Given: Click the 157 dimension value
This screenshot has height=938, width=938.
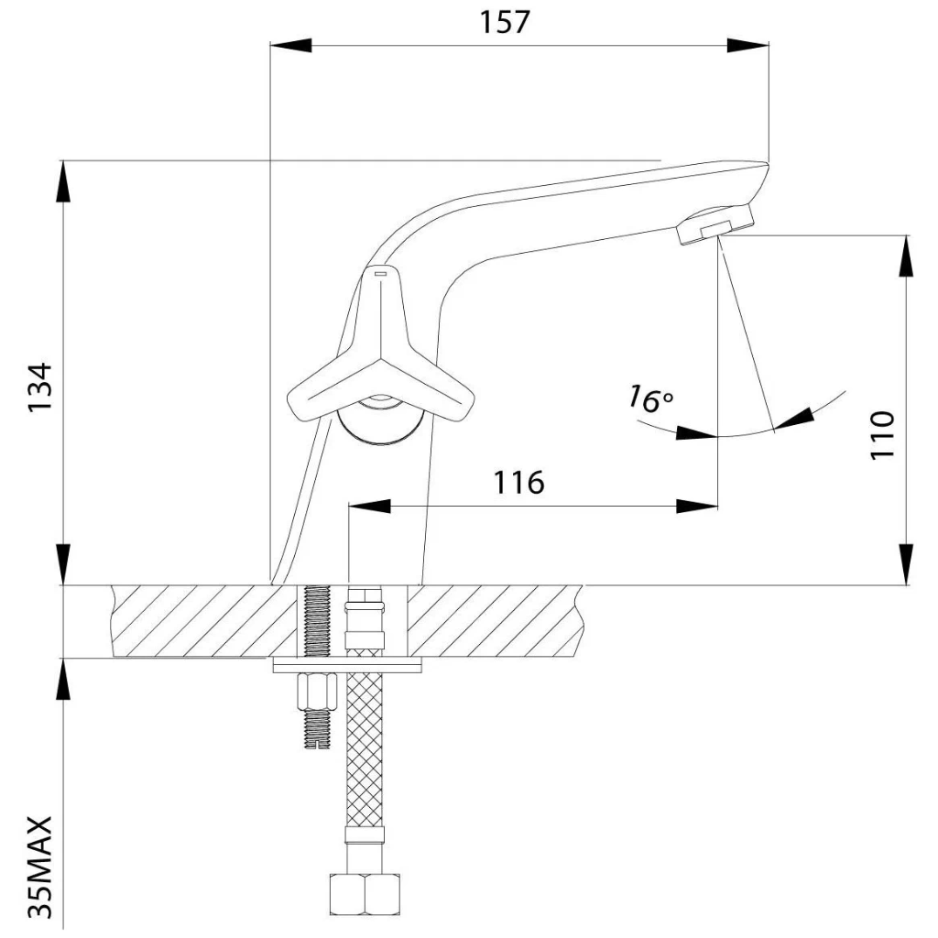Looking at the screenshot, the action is (x=505, y=22).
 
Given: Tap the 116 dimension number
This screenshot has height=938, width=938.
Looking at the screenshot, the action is (x=518, y=482).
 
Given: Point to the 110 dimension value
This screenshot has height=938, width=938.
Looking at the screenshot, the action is (x=882, y=434).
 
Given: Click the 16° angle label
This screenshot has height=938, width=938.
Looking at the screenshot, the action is (x=651, y=399).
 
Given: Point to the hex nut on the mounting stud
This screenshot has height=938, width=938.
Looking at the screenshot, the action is (x=316, y=691).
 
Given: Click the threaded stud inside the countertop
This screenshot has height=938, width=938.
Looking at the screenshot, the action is (x=316, y=619).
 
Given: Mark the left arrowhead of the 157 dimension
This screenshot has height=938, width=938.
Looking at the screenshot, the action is (x=290, y=45).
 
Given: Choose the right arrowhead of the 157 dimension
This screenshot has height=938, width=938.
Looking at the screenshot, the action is (x=747, y=45).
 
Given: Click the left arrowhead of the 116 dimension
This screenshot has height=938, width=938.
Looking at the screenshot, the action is (x=369, y=506).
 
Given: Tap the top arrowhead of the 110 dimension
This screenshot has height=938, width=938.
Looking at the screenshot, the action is (x=907, y=256).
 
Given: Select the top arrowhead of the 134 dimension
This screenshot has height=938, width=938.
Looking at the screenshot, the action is (x=63, y=182).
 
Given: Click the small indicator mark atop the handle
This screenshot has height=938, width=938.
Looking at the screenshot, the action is (x=380, y=273).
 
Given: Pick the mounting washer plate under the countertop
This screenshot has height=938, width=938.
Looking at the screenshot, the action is (x=347, y=665).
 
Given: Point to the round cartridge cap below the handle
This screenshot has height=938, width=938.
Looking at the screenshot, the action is (x=380, y=421).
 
